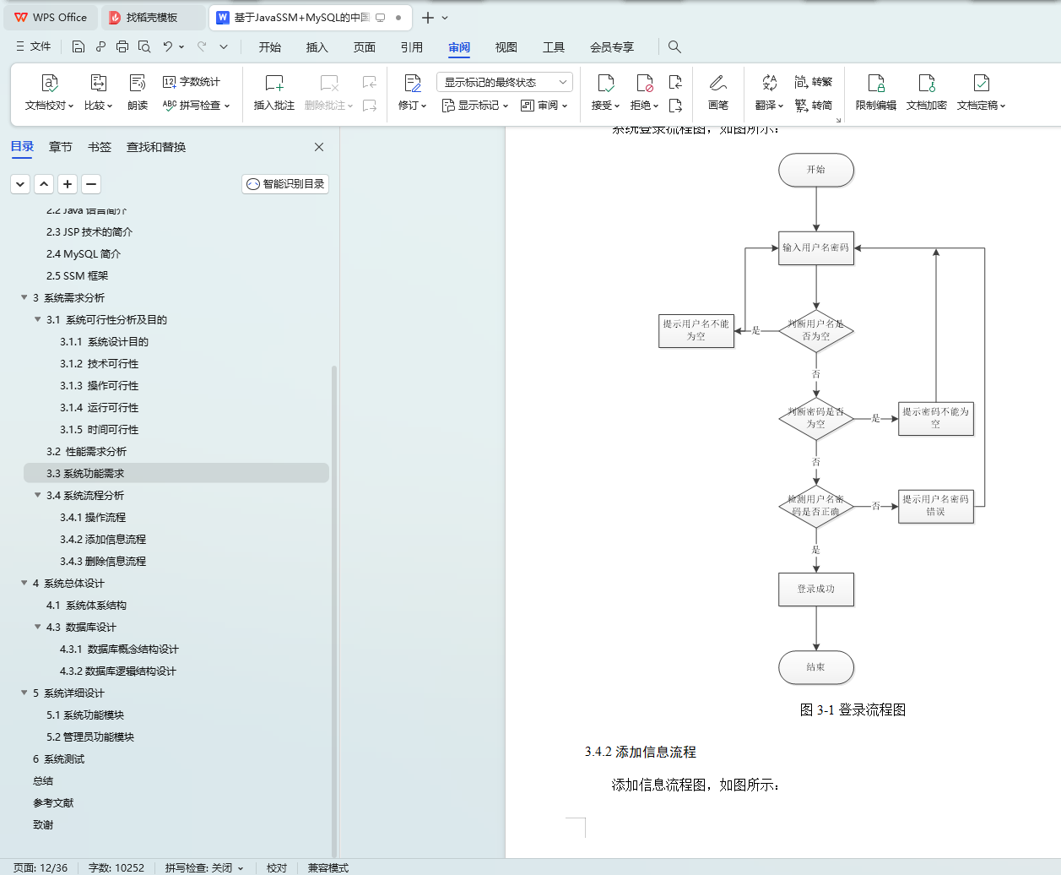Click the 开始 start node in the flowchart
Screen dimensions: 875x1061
(815, 170)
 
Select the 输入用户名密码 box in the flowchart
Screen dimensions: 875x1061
(815, 248)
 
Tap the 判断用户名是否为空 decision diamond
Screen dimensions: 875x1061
(815, 330)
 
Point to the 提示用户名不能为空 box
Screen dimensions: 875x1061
(696, 330)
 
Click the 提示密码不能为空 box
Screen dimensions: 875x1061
(935, 418)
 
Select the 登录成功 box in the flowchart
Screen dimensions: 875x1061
(815, 590)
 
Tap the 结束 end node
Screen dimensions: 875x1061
(815, 667)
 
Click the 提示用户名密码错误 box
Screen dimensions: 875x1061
(935, 506)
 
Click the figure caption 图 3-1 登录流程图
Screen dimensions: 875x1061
(853, 710)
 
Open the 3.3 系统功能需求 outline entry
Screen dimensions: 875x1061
(85, 474)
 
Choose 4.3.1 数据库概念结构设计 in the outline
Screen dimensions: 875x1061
(119, 649)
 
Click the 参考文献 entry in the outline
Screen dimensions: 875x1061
(53, 803)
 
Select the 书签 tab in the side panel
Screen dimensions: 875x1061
(100, 147)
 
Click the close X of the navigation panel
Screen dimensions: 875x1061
(319, 147)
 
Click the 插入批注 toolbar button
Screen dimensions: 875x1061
(274, 93)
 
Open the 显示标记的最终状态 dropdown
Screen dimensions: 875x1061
(504, 82)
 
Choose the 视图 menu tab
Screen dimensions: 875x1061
(506, 47)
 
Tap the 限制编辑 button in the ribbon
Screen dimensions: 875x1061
(875, 93)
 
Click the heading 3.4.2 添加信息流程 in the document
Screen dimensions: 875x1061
(640, 752)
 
